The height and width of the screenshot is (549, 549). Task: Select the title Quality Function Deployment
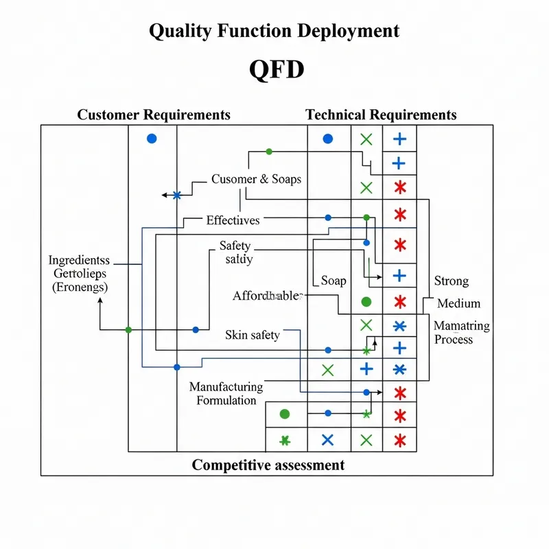point(274,31)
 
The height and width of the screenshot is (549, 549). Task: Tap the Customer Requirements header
point(154,115)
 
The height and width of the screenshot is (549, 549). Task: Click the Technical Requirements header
point(381,115)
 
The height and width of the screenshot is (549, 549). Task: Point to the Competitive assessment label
point(268,465)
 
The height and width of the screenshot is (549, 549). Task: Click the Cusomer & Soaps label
point(256,179)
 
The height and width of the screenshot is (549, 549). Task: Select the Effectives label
point(233,220)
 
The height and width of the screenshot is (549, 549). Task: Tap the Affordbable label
point(268,296)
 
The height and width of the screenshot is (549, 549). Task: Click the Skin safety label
point(252,335)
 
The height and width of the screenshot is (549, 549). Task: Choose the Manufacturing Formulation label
point(226,394)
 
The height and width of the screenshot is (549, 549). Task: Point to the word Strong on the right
point(452,281)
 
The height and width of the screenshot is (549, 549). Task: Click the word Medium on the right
point(458,303)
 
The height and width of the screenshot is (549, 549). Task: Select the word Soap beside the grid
point(334,281)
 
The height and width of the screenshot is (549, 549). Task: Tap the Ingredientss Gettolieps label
point(79,273)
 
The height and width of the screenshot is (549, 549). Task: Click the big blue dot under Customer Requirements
point(152,139)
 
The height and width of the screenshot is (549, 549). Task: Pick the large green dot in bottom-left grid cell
point(285,414)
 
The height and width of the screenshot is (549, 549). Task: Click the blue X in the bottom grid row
point(327,440)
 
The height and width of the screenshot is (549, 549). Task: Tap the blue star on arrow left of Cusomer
point(177,196)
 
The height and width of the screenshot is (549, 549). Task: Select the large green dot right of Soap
point(366,301)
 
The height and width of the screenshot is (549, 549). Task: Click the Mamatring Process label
point(461,333)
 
